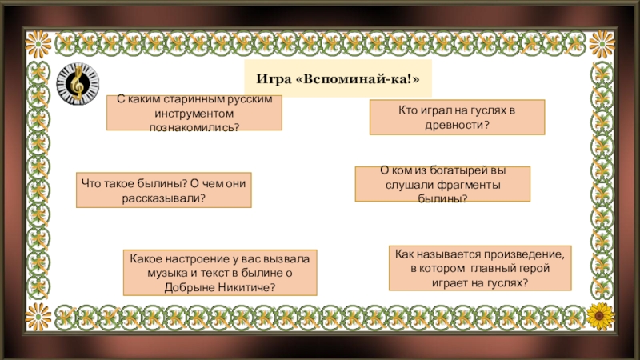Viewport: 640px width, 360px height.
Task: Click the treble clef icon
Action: tap(78, 82)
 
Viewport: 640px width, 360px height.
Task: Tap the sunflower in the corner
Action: tap(598, 314)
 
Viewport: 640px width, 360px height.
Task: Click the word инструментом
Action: tap(194, 114)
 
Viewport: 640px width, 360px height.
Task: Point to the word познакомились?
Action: tap(194, 126)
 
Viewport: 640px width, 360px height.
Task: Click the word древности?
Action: tap(456, 124)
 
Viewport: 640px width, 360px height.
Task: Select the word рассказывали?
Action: tap(163, 197)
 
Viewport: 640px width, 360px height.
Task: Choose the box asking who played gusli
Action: tap(456, 117)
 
